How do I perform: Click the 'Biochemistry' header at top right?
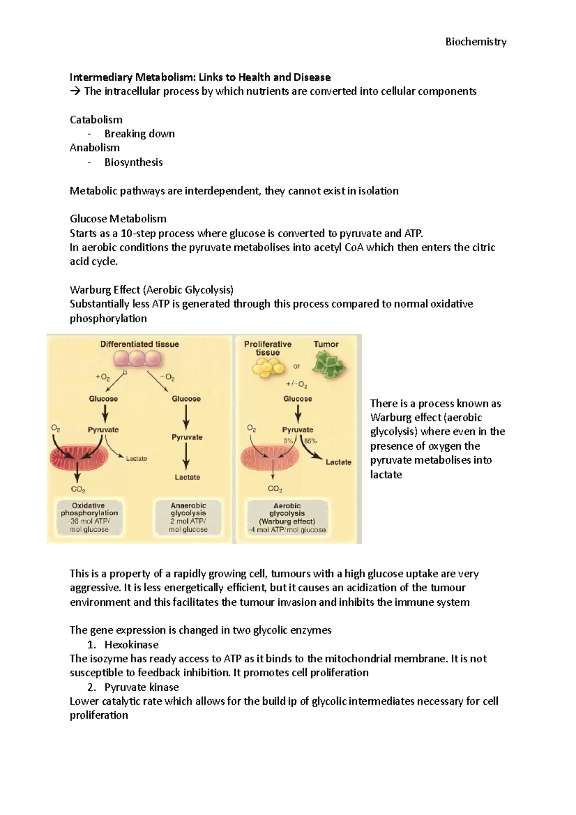click(x=476, y=42)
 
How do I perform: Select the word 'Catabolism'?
click(x=96, y=120)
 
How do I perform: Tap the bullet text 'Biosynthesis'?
click(x=133, y=162)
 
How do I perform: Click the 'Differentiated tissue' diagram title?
click(x=139, y=344)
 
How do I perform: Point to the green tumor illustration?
click(x=328, y=367)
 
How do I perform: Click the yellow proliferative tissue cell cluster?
click(x=269, y=369)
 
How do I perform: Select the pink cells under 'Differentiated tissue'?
click(x=138, y=359)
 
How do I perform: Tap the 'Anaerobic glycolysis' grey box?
click(x=188, y=517)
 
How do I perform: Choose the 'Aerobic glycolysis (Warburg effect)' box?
click(x=287, y=517)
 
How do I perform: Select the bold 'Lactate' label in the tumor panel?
click(x=338, y=462)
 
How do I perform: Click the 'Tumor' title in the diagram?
click(x=326, y=344)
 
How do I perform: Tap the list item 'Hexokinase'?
click(x=131, y=645)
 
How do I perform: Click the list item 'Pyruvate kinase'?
click(x=141, y=687)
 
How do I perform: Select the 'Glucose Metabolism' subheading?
click(x=118, y=219)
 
